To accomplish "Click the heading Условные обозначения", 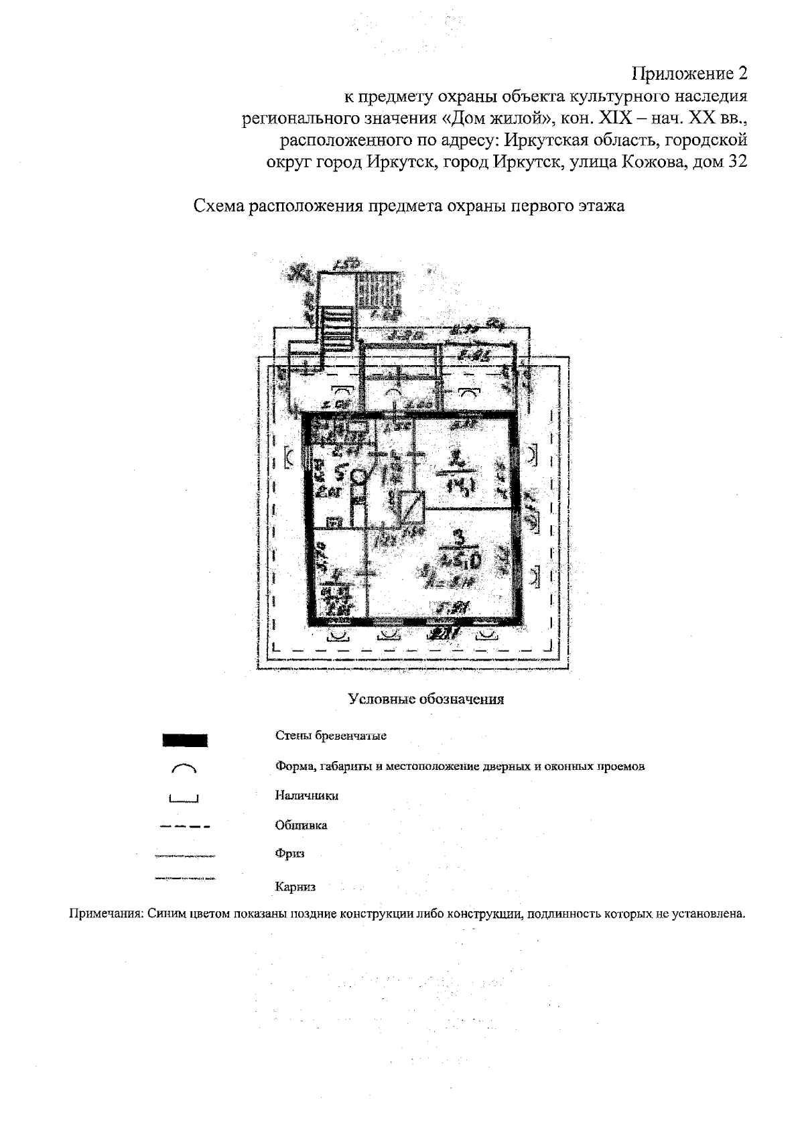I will pos(425,699).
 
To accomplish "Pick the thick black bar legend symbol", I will pos(185,740).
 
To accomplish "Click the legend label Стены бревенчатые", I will pos(331,736).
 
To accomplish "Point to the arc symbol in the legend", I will pos(185,768).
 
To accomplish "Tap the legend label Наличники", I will pos(306,795).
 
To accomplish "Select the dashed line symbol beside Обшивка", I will pos(185,827).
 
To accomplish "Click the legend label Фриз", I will pos(289,854).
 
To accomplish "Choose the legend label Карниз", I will pos(295,886).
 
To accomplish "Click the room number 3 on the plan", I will pos(458,537).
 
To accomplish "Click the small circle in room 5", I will pos(358,476).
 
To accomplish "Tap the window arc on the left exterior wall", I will pos(289,458).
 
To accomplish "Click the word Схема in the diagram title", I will pos(218,206).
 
